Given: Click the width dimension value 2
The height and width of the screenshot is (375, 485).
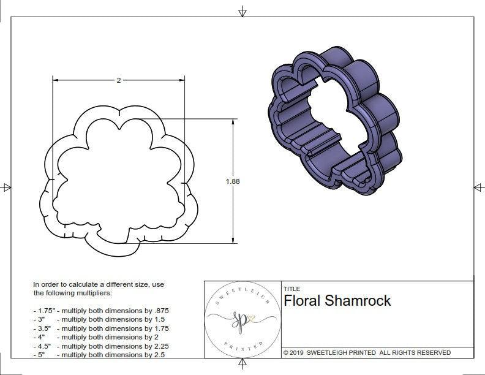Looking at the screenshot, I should (118, 80).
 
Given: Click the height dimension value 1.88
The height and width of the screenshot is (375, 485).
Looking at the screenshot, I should (233, 181).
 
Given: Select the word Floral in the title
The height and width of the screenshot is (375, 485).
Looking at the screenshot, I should (303, 300).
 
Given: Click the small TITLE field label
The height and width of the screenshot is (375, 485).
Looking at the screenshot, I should (291, 289).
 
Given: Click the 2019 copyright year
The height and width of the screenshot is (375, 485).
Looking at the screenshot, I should (298, 352).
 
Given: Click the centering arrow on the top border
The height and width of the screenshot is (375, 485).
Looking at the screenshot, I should (242, 11).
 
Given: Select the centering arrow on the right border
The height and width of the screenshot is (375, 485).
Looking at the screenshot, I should (478, 187).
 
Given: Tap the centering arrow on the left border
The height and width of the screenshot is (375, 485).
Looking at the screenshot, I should (6, 187).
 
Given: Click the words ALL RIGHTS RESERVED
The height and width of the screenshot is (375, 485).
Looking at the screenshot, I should (415, 352).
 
